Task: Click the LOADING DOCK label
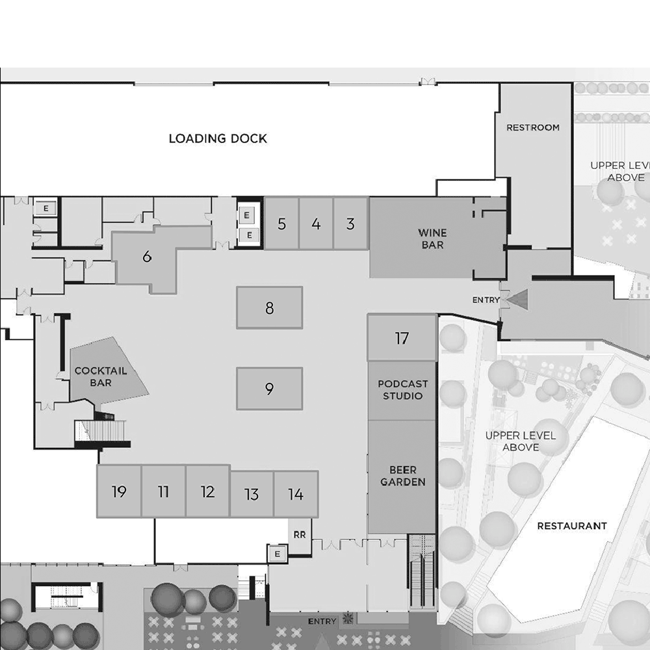click(x=218, y=138)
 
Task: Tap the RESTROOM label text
click(x=533, y=127)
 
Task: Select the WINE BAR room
click(x=432, y=239)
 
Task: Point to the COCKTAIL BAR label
click(x=101, y=376)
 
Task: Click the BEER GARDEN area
click(x=402, y=476)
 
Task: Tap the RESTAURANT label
click(x=572, y=526)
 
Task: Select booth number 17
click(x=402, y=338)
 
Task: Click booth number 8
click(x=269, y=308)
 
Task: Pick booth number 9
click(x=269, y=389)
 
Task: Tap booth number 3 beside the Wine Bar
click(x=351, y=224)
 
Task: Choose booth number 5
click(x=281, y=224)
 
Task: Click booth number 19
click(x=119, y=491)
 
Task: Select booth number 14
click(x=296, y=495)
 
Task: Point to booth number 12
click(x=207, y=491)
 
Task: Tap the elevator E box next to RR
click(x=278, y=554)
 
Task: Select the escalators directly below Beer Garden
click(x=423, y=572)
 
